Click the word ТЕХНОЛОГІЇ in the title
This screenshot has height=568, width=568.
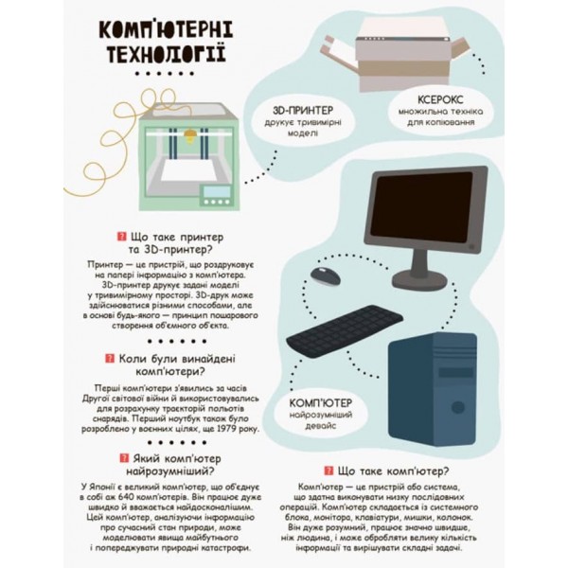click(x=164, y=49)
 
